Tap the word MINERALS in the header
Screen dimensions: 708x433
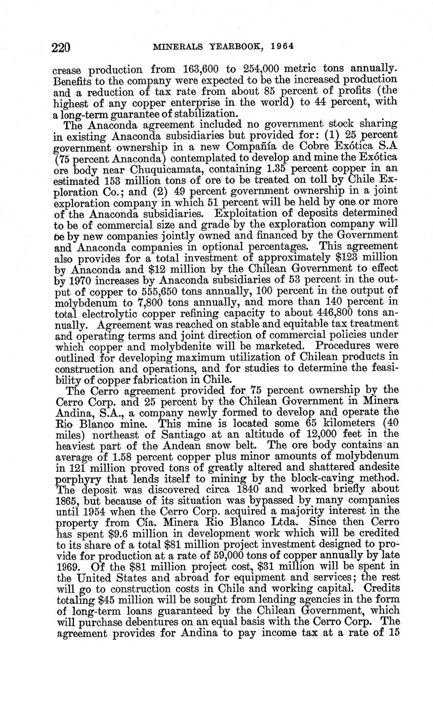point(176,46)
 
